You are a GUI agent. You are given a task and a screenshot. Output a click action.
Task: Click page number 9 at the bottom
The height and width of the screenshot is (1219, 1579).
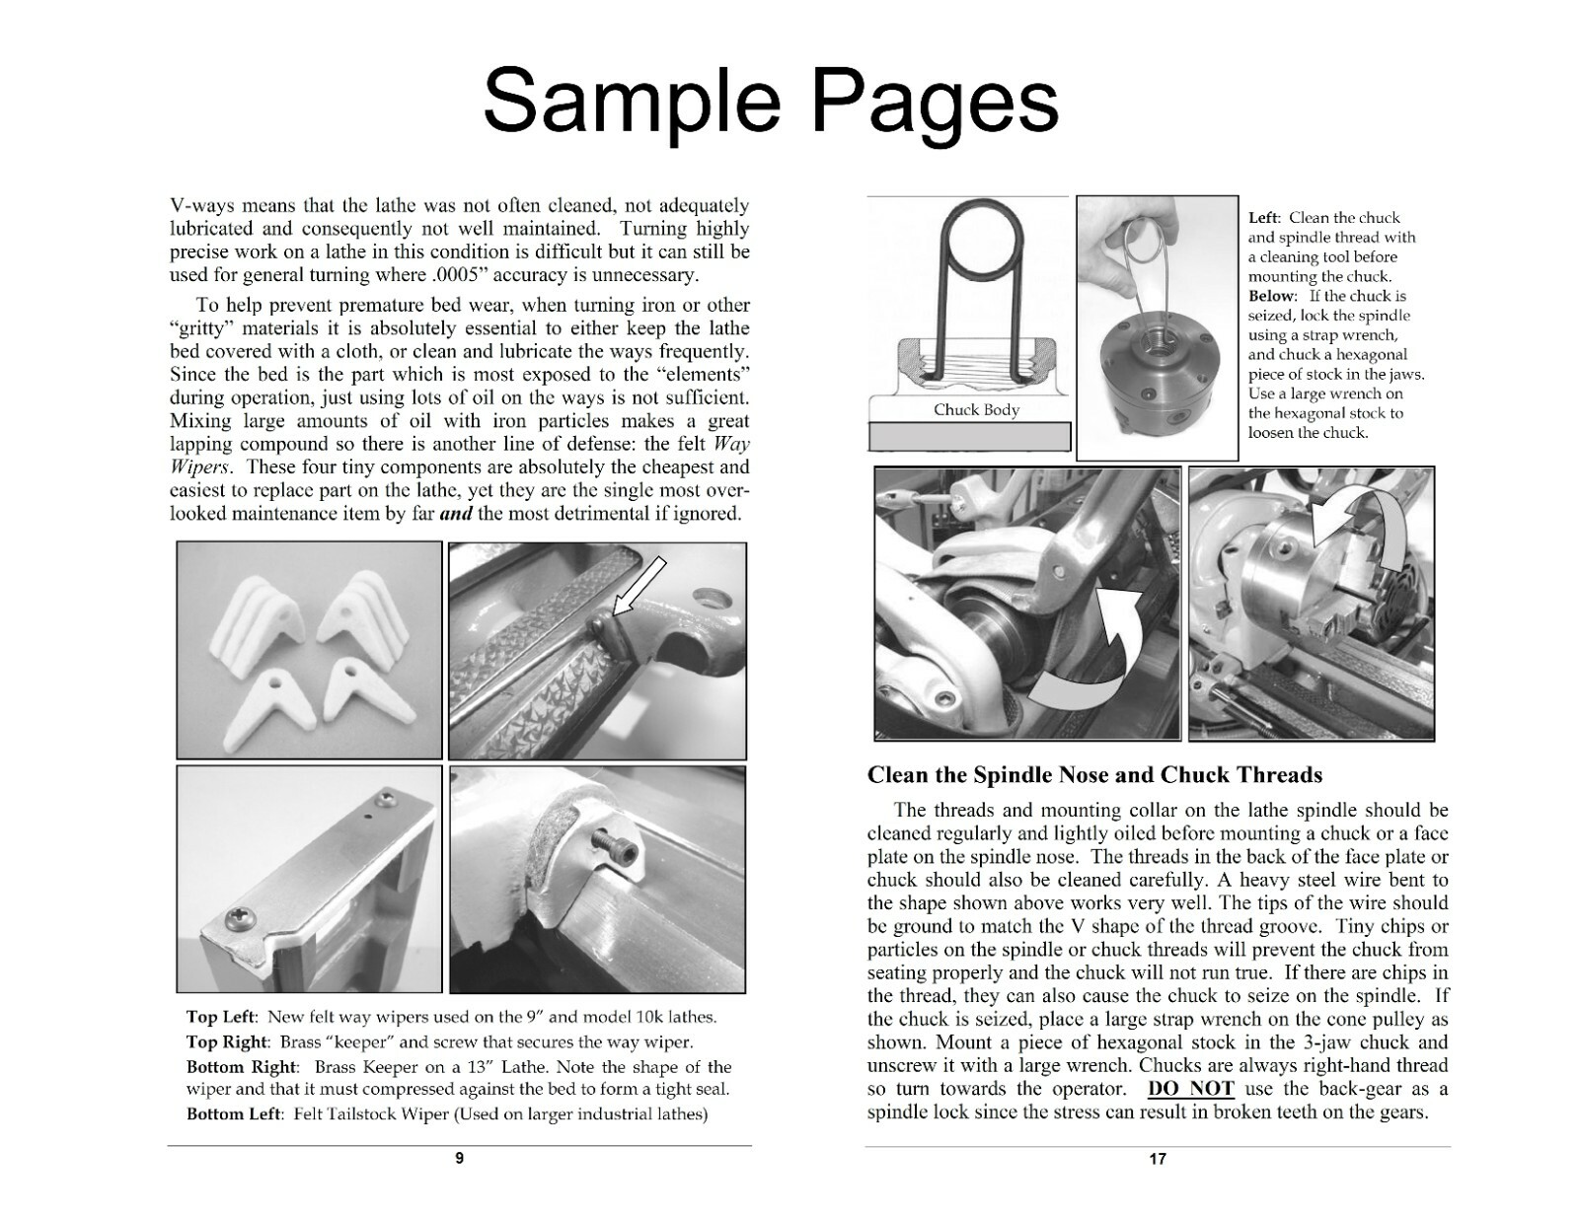point(459,1159)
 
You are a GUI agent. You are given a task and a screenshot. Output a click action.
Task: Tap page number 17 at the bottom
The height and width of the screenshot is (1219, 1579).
point(1158,1159)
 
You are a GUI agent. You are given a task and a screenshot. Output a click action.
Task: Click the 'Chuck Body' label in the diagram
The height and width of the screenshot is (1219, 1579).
point(976,409)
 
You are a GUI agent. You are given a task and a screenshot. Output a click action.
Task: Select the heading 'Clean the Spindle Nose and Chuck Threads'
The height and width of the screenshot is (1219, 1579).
point(1094,775)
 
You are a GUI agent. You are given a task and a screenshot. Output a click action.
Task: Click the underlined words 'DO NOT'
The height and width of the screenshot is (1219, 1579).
point(1190,1089)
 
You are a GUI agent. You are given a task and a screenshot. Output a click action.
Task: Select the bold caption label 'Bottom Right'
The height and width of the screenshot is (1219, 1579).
point(241,1067)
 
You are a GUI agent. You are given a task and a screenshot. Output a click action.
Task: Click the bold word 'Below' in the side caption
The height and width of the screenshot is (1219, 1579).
point(1270,296)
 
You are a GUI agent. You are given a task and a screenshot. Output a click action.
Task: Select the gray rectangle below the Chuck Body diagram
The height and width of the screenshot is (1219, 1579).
point(969,436)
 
